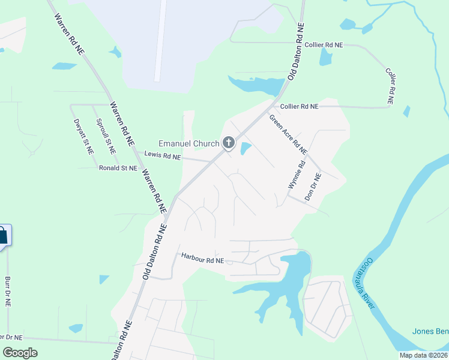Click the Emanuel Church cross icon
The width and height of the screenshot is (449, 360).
(228, 143)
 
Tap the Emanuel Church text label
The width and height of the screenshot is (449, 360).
(188, 143)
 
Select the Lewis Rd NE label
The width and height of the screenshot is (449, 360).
(163, 156)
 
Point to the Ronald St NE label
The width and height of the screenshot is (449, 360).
(118, 169)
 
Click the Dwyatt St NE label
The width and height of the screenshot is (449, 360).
(84, 137)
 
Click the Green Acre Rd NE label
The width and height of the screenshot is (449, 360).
(288, 134)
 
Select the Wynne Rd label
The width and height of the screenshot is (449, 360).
(297, 175)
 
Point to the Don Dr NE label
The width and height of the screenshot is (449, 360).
(313, 186)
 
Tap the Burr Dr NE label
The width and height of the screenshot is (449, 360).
(8, 292)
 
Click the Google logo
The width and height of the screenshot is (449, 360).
(20, 352)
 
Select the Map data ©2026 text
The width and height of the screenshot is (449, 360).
(423, 355)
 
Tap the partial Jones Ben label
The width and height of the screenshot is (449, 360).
(430, 331)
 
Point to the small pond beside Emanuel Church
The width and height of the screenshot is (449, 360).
(245, 148)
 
